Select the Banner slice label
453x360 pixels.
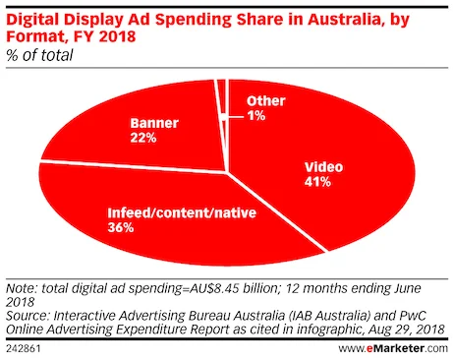click(x=150, y=125)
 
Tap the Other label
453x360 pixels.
click(x=265, y=100)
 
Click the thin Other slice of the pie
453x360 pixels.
click(x=223, y=98)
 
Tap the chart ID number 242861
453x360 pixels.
click(x=24, y=348)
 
